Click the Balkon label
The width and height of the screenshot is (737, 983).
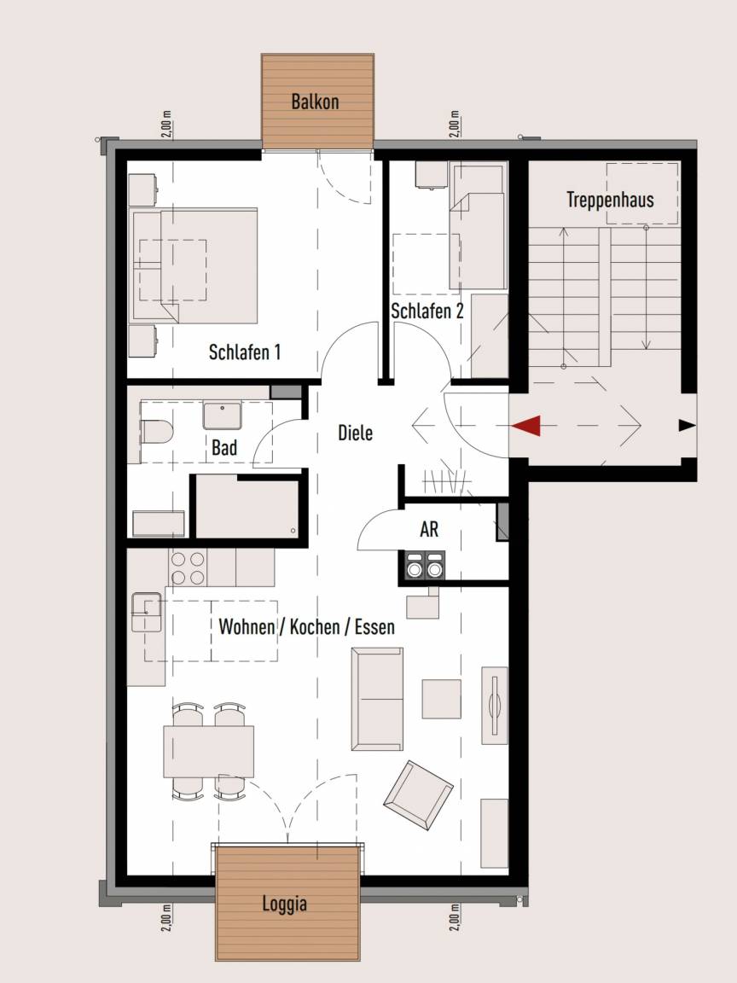(x=315, y=102)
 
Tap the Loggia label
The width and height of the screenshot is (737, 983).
(x=285, y=904)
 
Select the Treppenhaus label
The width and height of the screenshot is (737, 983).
(x=610, y=200)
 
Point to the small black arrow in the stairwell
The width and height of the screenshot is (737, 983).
(x=687, y=426)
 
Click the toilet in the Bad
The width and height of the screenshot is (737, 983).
(x=157, y=432)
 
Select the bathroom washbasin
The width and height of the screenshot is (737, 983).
(x=222, y=416)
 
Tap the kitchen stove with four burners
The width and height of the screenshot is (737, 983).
(x=188, y=567)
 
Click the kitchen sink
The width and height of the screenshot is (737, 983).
(x=146, y=612)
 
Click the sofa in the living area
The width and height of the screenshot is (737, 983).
(x=377, y=699)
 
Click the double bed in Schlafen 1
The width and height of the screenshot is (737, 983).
(x=194, y=266)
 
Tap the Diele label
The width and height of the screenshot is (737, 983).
(x=356, y=433)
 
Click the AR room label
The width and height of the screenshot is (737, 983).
(x=429, y=530)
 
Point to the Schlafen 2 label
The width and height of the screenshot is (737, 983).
(x=427, y=311)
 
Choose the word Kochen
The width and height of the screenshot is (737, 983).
(x=316, y=626)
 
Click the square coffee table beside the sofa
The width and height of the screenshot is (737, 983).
(x=441, y=698)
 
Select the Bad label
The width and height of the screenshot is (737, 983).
(x=224, y=448)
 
